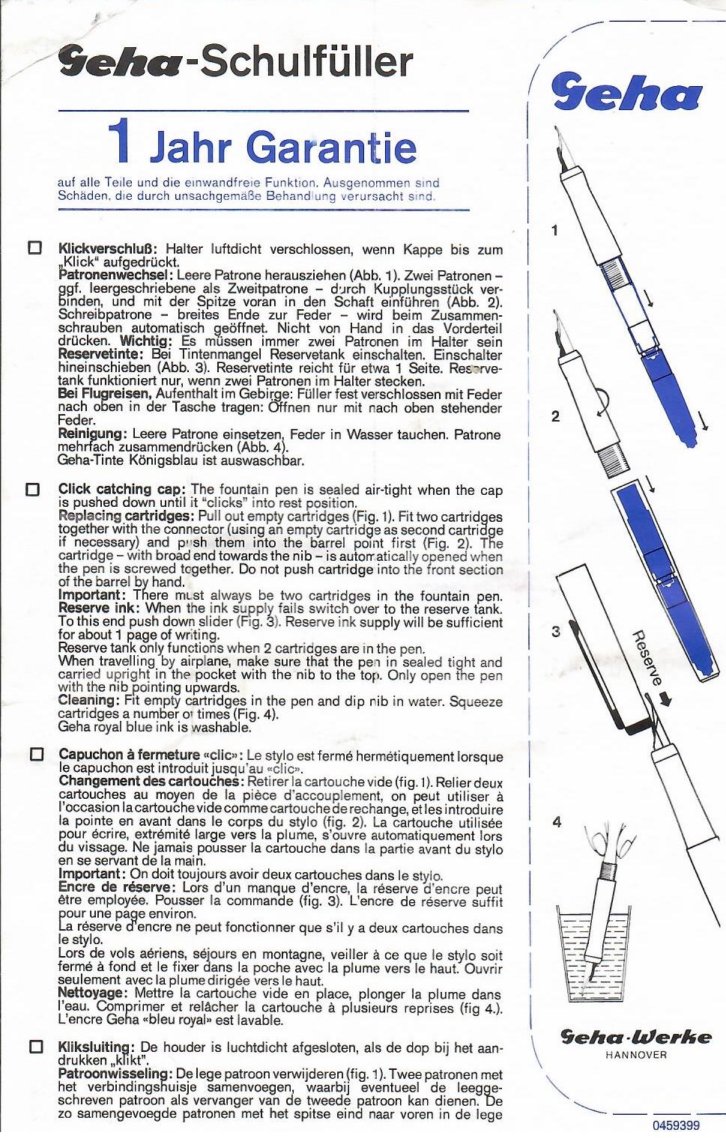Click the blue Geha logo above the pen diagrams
point(626,93)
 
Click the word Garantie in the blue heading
point(331,147)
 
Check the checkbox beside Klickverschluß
point(34,248)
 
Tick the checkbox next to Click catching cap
point(33,490)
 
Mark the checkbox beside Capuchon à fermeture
point(36,754)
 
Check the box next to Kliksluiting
point(35,1047)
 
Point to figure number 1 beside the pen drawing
point(554,231)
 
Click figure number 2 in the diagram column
point(555,416)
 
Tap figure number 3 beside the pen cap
point(555,632)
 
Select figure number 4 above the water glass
point(557,822)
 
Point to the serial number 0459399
point(675,1125)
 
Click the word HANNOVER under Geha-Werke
point(636,1055)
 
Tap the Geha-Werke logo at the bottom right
point(636,1037)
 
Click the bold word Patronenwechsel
point(115,276)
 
